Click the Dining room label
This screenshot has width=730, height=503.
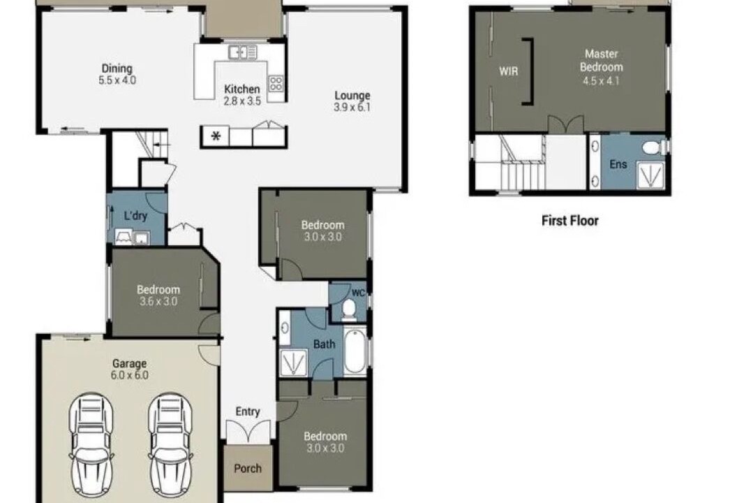117,68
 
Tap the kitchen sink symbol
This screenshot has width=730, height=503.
243,52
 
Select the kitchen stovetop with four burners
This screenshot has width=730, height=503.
276,83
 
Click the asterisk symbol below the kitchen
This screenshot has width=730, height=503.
216,137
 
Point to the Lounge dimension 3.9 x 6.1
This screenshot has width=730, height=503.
352,107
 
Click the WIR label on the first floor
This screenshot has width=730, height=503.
508,71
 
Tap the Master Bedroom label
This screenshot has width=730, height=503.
601,60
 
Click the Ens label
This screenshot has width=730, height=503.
618,164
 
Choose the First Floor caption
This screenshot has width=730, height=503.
570,221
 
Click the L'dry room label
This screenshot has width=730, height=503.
135,216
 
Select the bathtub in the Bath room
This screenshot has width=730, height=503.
355,351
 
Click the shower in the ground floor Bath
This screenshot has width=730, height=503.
293,362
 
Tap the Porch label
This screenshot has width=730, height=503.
248,469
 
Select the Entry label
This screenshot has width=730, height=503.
248,411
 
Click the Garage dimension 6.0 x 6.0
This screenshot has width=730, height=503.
130,374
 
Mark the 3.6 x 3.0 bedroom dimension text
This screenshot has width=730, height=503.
158,301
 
